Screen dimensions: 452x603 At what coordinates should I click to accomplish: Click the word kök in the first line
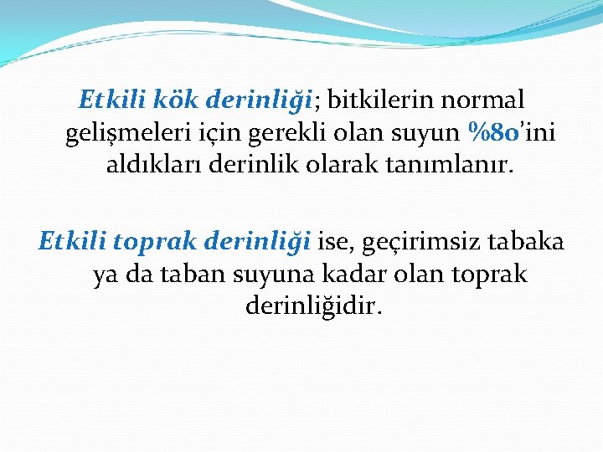[175, 100]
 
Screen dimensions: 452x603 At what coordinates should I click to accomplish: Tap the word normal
[487, 100]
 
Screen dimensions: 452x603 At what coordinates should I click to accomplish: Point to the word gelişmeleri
[126, 133]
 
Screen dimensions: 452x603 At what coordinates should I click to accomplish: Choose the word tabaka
[528, 243]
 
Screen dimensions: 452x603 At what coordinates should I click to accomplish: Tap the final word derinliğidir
[314, 307]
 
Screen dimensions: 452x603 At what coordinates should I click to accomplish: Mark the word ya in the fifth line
[106, 275]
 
